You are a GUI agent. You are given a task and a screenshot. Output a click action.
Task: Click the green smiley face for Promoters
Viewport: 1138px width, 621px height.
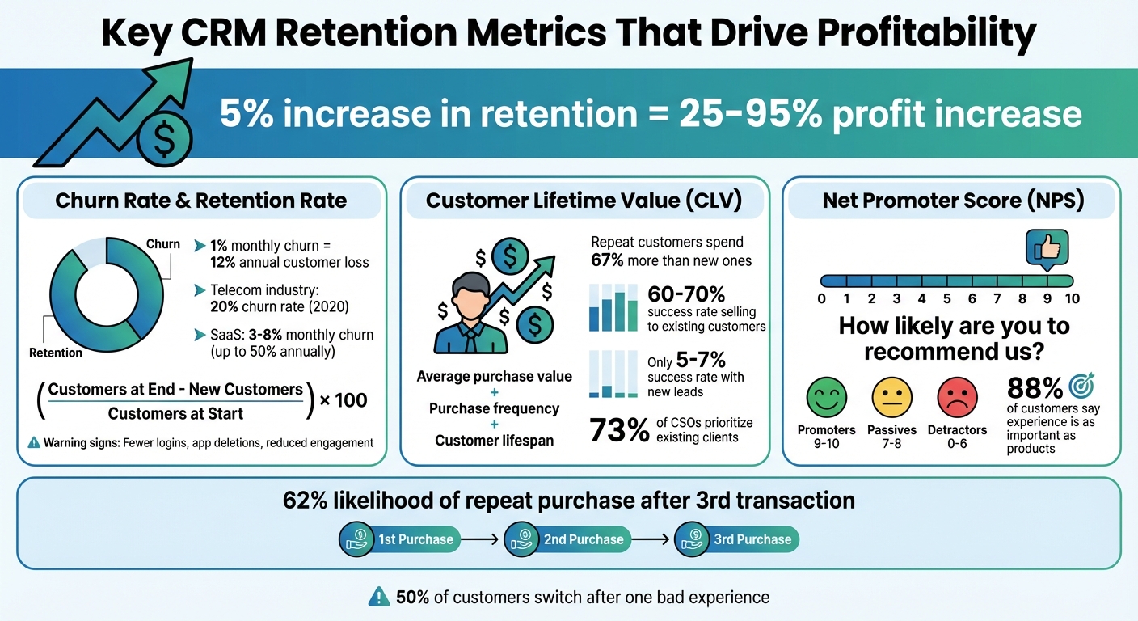826,398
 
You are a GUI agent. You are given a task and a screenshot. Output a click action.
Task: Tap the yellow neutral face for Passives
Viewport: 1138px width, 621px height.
891,398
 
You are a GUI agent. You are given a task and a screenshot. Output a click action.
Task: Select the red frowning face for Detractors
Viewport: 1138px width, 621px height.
957,398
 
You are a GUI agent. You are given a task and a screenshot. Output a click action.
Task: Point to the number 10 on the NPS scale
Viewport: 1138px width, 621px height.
1072,298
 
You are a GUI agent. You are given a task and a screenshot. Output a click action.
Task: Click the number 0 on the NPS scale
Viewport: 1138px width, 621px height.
822,298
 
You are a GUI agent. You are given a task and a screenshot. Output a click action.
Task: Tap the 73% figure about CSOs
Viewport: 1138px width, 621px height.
620,430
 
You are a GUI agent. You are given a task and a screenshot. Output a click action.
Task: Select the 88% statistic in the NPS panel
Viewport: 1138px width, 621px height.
1034,387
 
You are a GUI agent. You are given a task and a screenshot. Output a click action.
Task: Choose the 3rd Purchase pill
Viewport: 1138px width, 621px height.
737,539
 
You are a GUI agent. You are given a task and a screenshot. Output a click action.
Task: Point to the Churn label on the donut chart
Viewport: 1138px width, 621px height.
162,243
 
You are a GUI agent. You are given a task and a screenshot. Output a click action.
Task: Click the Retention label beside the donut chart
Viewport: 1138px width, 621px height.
56,353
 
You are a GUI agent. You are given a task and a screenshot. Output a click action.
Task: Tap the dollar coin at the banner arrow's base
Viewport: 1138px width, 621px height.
164,141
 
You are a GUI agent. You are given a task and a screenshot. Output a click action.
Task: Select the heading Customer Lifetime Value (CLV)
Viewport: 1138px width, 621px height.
584,201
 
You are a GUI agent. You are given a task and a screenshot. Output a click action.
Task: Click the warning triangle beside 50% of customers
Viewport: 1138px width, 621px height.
378,597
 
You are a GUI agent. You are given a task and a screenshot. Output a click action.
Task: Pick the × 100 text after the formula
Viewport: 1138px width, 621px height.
344,399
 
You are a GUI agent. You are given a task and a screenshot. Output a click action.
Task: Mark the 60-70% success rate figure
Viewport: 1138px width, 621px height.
686,295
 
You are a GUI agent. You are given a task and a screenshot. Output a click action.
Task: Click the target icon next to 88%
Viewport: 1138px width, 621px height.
1081,387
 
